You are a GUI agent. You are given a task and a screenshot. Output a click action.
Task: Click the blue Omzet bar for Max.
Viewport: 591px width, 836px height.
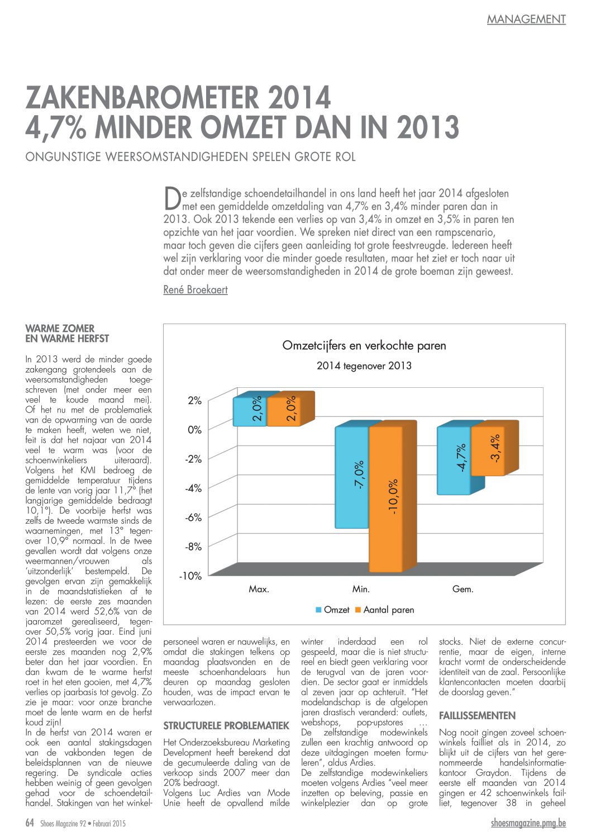[x=250, y=411]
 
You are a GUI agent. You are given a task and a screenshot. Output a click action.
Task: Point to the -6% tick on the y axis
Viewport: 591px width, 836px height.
[x=193, y=517]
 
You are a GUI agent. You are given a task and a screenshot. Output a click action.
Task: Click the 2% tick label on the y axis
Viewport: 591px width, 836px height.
[x=195, y=401]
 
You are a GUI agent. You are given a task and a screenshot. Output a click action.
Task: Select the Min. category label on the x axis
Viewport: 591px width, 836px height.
[x=361, y=589]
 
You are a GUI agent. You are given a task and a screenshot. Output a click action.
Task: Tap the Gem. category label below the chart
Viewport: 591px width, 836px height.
[x=463, y=589]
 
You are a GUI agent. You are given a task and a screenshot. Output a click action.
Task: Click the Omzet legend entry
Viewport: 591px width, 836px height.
[x=332, y=610]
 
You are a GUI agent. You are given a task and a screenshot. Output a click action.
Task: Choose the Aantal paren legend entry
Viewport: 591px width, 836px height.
[x=385, y=610]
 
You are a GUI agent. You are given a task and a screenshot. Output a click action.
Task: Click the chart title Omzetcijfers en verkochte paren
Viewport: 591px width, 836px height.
[x=364, y=345]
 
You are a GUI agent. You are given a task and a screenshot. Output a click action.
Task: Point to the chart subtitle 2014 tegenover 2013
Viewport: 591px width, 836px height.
[x=364, y=365]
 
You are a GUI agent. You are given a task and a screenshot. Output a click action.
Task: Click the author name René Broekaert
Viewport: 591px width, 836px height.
[x=196, y=289]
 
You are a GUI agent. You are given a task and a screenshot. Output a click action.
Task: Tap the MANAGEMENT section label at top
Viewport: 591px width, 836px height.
[x=526, y=20]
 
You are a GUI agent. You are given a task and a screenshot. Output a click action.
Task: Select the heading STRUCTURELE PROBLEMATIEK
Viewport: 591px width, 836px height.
[x=226, y=726]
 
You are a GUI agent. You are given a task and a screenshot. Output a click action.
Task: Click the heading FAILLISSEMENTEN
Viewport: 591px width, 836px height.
[x=477, y=715]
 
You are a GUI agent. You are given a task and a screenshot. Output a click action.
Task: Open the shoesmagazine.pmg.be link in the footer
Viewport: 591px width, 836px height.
[x=528, y=823]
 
